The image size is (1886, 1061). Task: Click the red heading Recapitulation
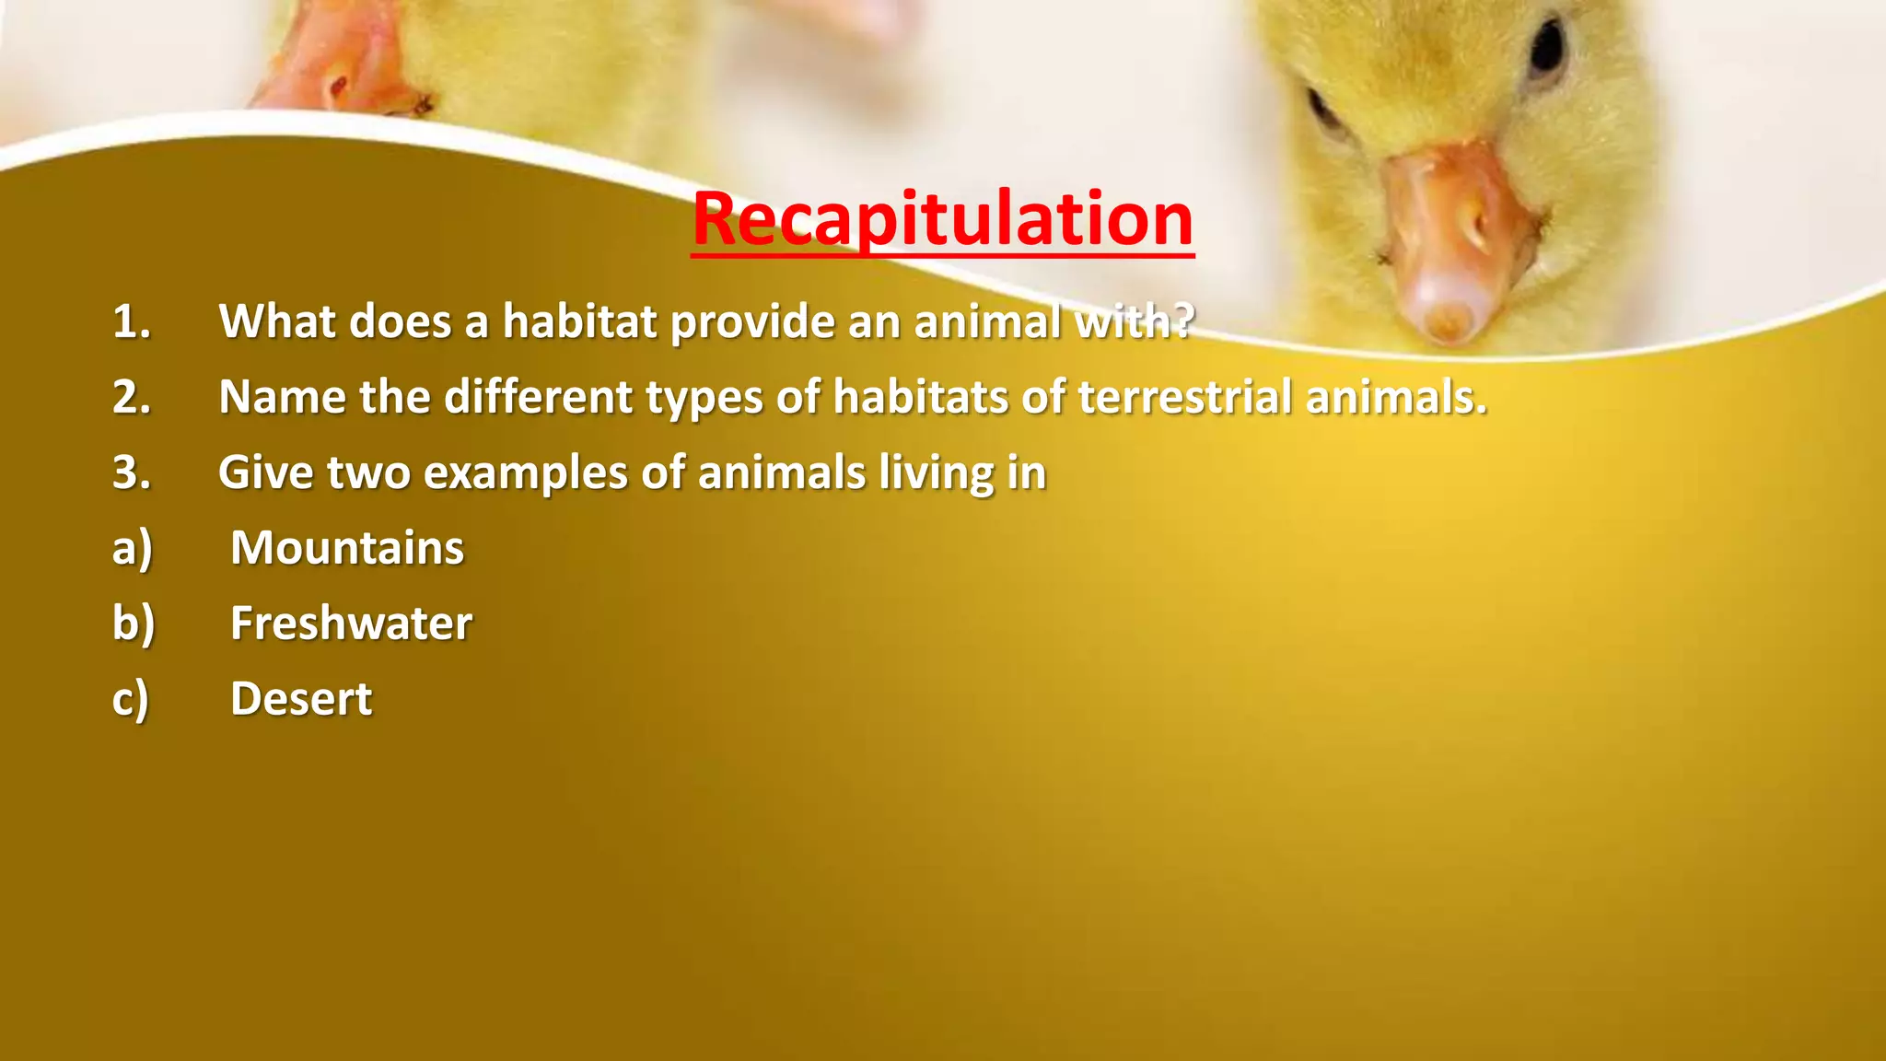(x=942, y=219)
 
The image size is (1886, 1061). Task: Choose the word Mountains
(x=347, y=548)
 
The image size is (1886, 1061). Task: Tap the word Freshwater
(x=351, y=624)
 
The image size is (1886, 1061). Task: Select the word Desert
(x=301, y=699)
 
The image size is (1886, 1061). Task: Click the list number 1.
(x=131, y=322)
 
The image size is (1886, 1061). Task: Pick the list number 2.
(x=131, y=398)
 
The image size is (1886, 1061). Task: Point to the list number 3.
(x=131, y=473)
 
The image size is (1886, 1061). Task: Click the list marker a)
(x=132, y=549)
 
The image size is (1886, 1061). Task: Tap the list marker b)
(x=134, y=624)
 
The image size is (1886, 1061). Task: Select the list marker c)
(x=130, y=700)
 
